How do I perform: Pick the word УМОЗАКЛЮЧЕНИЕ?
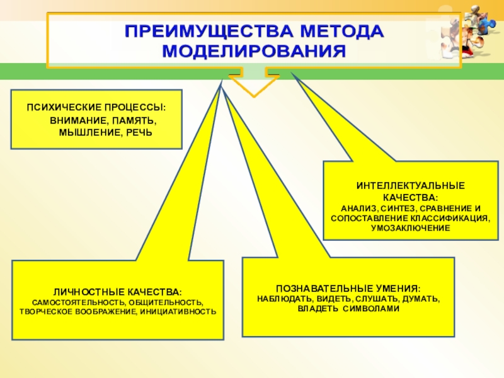coord(410,227)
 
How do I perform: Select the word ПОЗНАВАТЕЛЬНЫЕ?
coord(318,288)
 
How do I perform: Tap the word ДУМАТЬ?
coord(421,298)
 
